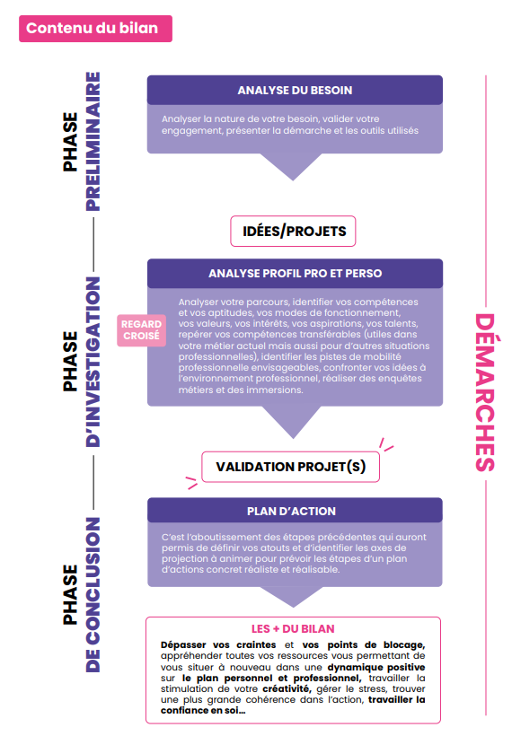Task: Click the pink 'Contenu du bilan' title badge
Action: click(95, 29)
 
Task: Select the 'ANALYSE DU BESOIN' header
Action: click(295, 90)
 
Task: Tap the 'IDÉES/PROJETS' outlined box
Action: click(293, 231)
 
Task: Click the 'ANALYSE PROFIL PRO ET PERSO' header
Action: click(295, 273)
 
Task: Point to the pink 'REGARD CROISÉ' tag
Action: click(141, 330)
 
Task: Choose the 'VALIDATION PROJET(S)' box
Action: click(290, 467)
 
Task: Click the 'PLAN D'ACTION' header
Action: click(295, 511)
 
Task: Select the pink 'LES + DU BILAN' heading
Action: click(293, 629)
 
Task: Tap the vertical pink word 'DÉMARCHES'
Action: click(485, 392)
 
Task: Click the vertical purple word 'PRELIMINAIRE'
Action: click(93, 141)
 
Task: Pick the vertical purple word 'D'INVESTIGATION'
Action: click(93, 362)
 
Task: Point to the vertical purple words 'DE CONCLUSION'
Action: click(93, 595)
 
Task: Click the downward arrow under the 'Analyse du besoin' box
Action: click(292, 166)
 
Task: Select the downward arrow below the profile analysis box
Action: click(293, 422)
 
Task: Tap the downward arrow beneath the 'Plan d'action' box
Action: click(293, 596)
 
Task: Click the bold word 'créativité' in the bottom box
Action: click(287, 689)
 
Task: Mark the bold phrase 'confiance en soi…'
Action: click(203, 711)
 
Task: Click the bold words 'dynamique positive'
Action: click(375, 667)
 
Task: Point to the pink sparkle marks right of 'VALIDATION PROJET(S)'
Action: click(386, 444)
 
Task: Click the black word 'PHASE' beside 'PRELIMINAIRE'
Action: click(70, 141)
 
